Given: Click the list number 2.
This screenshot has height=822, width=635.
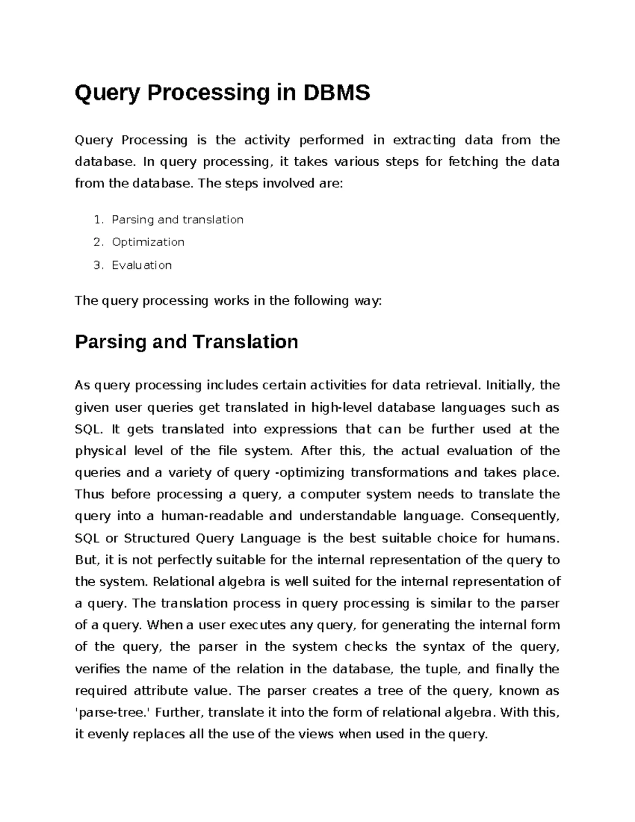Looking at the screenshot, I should click(97, 242).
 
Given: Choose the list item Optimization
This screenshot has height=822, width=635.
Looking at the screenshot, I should click(148, 242).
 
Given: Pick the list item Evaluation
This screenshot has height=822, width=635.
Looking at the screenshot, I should click(141, 265).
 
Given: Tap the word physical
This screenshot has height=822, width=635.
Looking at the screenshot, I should click(101, 451).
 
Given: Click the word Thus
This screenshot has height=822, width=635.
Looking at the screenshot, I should click(90, 495).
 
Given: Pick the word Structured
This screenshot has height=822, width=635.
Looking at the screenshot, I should click(156, 539).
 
